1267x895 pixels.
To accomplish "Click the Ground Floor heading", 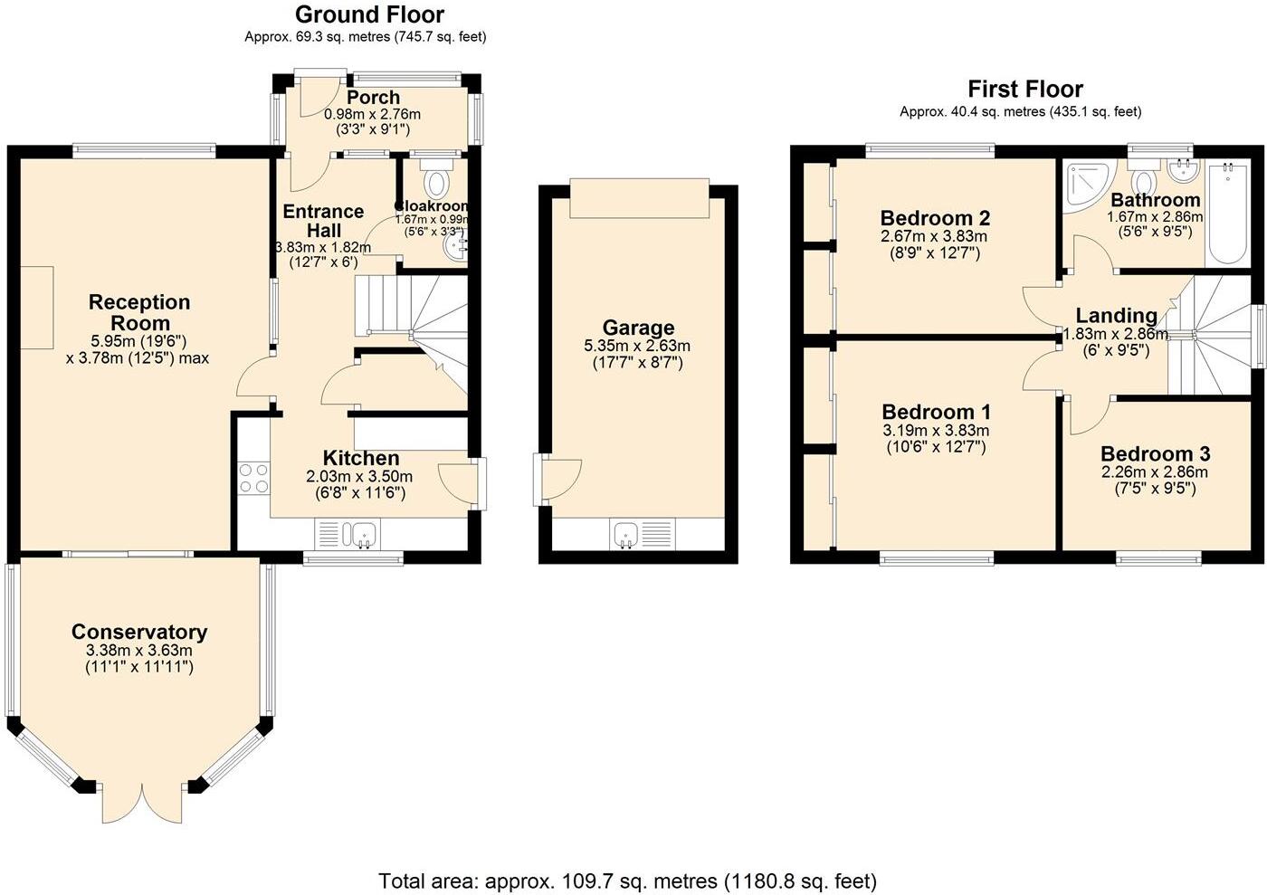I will [x=369, y=14].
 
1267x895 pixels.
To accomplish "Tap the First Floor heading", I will [x=1024, y=89].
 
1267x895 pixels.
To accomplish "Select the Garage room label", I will [x=638, y=328].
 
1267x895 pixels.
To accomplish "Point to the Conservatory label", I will [x=139, y=632].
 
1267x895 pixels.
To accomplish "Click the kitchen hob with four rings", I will [x=253, y=478].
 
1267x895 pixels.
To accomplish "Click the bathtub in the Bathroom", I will [x=1227, y=214].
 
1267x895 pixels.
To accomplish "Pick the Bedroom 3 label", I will [x=1154, y=453].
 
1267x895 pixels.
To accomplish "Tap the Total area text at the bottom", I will [x=627, y=881].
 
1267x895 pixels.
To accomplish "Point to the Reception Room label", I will [x=139, y=312].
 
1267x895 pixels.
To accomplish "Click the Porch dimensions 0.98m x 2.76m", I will [x=373, y=114].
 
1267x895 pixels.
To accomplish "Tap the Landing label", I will [x=1116, y=315].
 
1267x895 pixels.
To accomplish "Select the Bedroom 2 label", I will [x=935, y=217].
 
